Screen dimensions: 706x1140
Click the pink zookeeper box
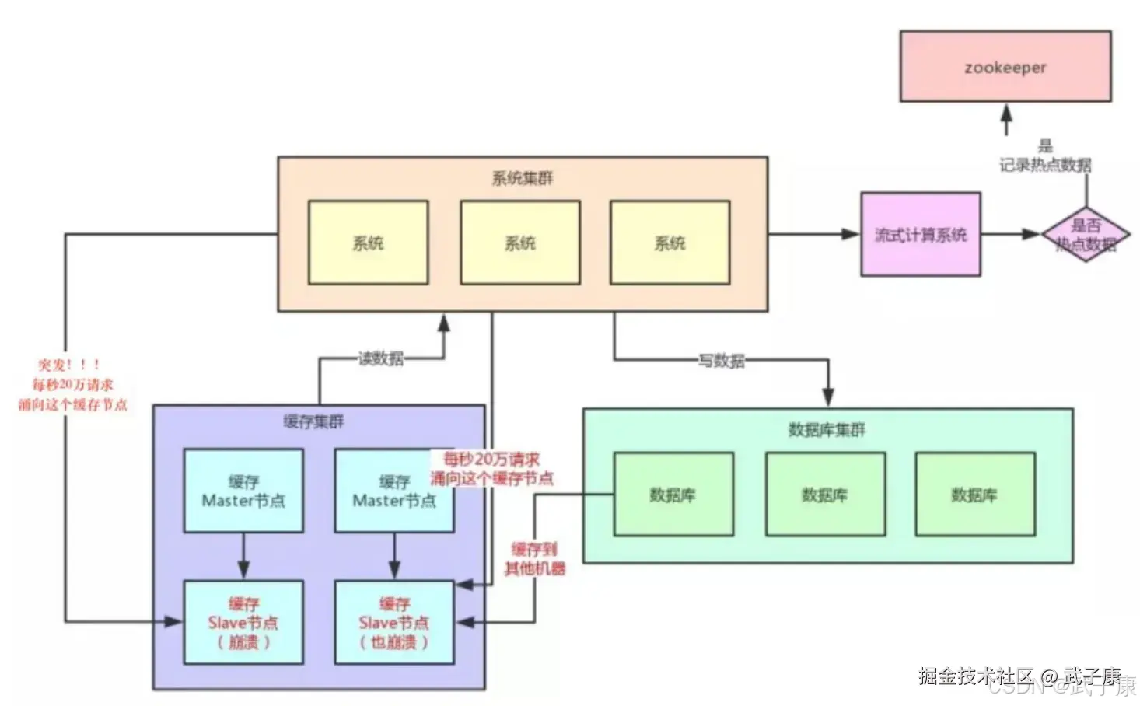(1005, 66)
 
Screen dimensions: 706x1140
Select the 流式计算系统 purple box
(920, 234)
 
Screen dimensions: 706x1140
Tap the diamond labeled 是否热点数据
(1086, 235)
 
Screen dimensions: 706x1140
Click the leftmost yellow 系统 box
(368, 243)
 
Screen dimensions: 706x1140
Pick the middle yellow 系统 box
(519, 243)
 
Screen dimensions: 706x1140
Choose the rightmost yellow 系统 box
(670, 243)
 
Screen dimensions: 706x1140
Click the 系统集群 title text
(522, 178)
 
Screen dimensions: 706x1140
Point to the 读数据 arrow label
(380, 358)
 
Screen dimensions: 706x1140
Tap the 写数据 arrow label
(721, 360)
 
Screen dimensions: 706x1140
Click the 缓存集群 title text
(313, 421)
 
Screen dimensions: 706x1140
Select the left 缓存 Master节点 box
(243, 491)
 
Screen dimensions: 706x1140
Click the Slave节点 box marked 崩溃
(243, 622)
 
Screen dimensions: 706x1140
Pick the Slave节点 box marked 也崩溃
(393, 622)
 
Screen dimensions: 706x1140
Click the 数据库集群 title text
(827, 429)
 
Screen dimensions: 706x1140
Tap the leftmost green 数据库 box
(673, 495)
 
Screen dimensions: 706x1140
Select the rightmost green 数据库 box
(974, 495)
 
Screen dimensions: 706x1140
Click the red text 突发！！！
(69, 365)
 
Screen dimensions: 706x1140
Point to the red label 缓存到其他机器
(534, 559)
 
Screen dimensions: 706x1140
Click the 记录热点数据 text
(1045, 165)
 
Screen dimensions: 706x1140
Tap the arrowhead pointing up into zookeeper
(1006, 114)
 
